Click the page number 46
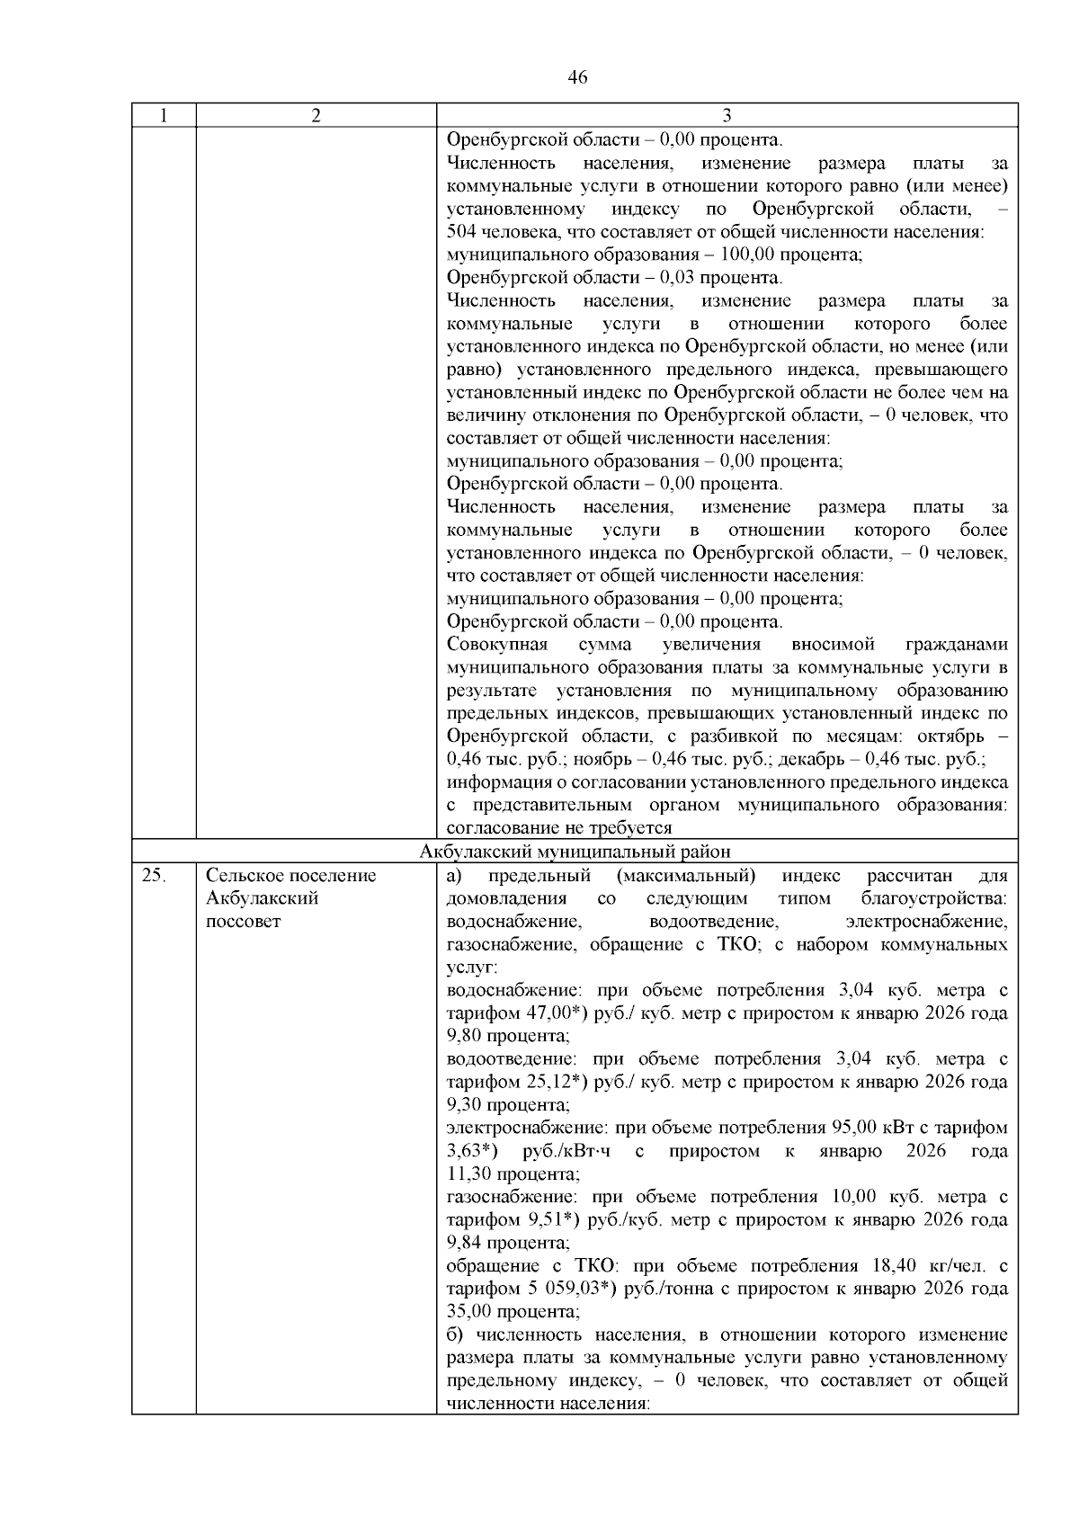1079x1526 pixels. (578, 78)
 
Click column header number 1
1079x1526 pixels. (163, 116)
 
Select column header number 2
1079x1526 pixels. (316, 116)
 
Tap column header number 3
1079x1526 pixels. (727, 116)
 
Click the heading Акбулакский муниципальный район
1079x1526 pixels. (575, 852)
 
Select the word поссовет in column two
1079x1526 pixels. (243, 922)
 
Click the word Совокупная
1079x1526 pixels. (496, 645)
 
